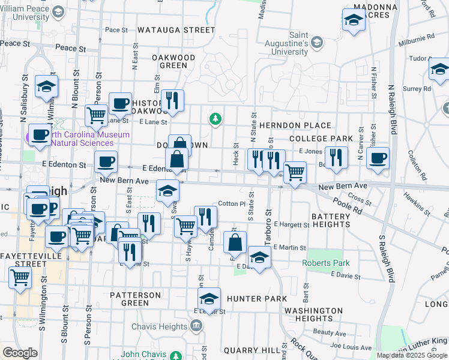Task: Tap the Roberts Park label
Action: (x=325, y=263)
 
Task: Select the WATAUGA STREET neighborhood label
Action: (x=176, y=29)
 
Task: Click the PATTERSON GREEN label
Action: (x=135, y=299)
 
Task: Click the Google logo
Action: (x=20, y=353)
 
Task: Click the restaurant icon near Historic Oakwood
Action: (x=172, y=100)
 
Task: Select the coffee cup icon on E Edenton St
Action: (x=106, y=161)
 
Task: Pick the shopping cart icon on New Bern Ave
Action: (x=294, y=172)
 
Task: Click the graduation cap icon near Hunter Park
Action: (x=209, y=298)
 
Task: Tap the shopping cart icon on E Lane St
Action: (x=96, y=115)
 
